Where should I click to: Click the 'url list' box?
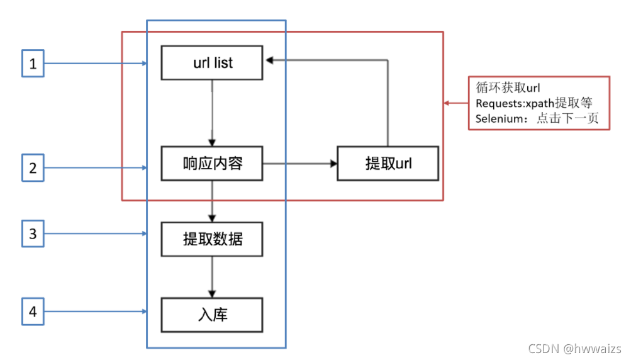[x=212, y=62]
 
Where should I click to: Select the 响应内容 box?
[x=212, y=164]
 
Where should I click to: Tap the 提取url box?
[x=388, y=164]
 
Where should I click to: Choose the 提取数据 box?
[x=212, y=239]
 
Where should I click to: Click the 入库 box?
[x=212, y=314]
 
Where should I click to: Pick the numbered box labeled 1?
[x=33, y=64]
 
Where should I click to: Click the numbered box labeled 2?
[x=33, y=167]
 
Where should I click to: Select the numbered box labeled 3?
[x=33, y=234]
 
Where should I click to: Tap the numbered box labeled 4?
[x=33, y=311]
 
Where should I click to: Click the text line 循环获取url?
[x=508, y=88]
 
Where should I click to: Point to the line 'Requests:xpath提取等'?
[x=534, y=103]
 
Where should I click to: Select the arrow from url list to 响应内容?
[x=213, y=113]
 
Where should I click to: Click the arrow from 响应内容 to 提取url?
[x=299, y=164]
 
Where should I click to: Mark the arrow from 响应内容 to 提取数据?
[x=213, y=201]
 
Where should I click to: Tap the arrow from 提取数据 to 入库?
[x=213, y=276]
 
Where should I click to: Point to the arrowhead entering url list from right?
[x=269, y=60]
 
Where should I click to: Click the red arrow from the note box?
[x=456, y=103]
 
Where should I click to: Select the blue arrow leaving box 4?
[x=94, y=311]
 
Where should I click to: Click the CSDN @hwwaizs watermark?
[x=574, y=349]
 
